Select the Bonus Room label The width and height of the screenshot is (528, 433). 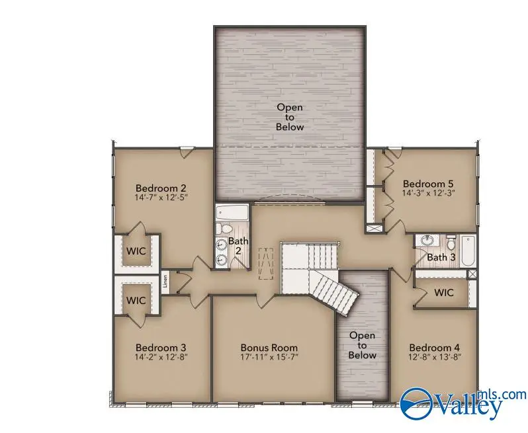coord(269,348)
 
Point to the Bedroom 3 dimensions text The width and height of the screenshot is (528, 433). coord(161,358)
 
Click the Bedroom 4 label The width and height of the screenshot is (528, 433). coord(434,348)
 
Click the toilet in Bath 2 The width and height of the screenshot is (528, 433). coord(224,229)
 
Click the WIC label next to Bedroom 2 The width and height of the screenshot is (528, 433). coord(136,251)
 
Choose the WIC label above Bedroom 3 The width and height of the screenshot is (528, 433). coord(136,300)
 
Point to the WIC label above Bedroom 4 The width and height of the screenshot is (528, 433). coord(444,293)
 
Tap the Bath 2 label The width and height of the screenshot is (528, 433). coord(238,247)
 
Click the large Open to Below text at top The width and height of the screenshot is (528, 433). coord(290,116)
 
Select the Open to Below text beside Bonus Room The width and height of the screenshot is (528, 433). coord(362,345)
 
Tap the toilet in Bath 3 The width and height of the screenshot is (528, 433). coord(451,239)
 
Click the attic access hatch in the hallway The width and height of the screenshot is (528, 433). coord(265,262)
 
